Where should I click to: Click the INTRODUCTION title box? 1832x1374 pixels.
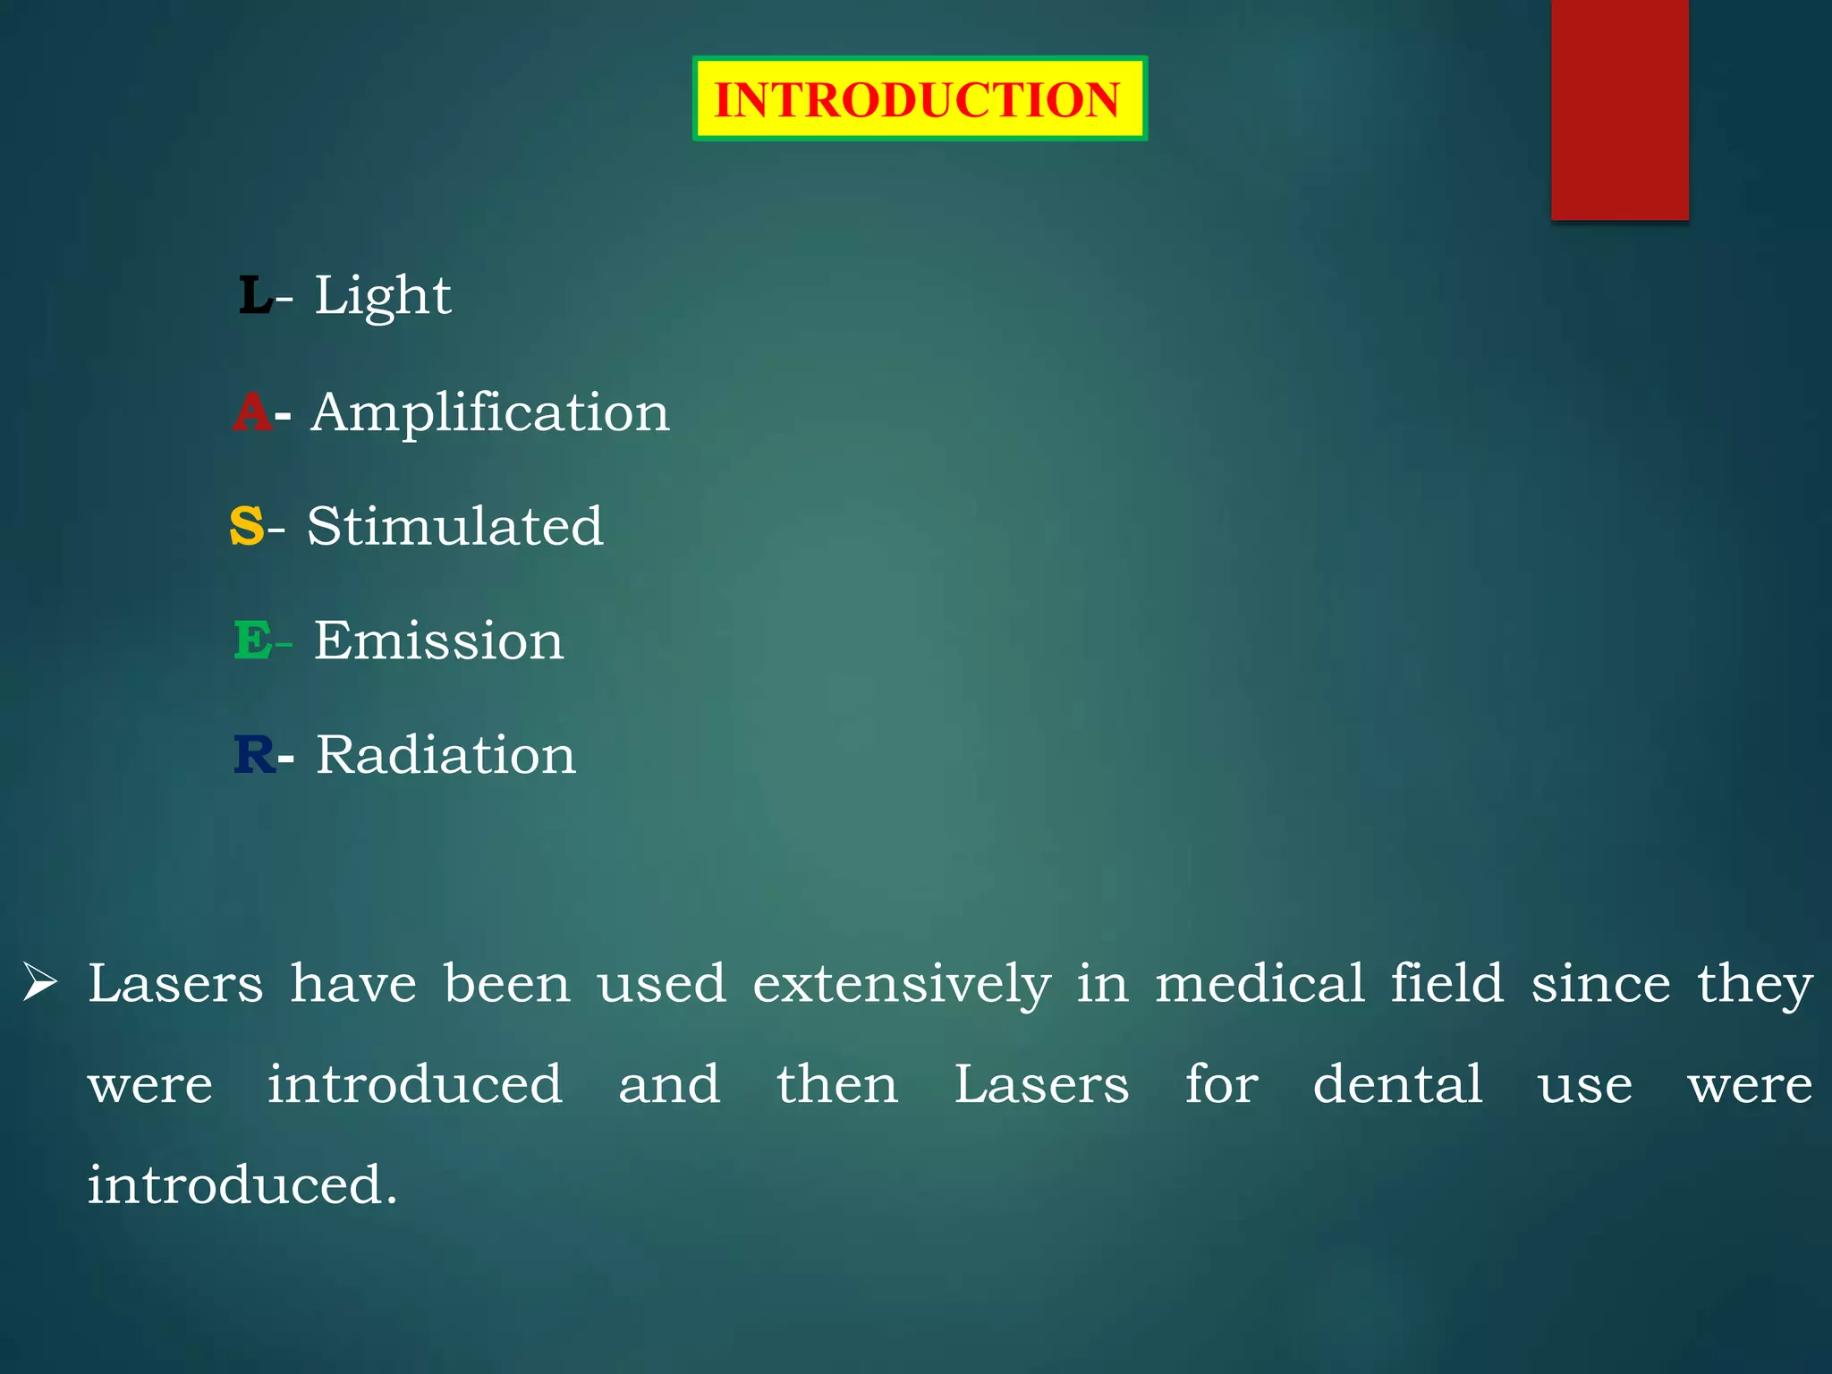point(919,98)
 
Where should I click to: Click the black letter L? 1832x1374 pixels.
point(254,295)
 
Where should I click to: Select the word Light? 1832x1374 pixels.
point(382,295)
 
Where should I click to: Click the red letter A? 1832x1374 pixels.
point(251,412)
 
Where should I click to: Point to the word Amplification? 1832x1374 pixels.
point(489,412)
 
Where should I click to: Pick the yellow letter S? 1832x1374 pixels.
point(247,526)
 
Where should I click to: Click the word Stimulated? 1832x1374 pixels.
point(454,526)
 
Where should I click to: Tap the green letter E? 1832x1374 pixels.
point(252,640)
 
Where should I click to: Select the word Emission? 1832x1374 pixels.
point(438,640)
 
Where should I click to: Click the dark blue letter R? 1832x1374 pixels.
point(254,755)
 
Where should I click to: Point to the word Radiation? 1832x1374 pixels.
point(445,755)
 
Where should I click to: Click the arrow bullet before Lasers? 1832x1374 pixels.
point(40,982)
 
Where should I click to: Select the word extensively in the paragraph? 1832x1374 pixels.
point(901,984)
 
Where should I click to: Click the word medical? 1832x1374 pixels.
point(1259,984)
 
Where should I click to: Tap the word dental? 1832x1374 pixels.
point(1397,1084)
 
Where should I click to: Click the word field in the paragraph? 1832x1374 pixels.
point(1446,984)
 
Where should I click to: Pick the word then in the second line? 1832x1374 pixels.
point(836,1084)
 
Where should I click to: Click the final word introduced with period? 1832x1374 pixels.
point(242,1185)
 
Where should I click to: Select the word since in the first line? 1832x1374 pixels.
point(1600,984)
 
